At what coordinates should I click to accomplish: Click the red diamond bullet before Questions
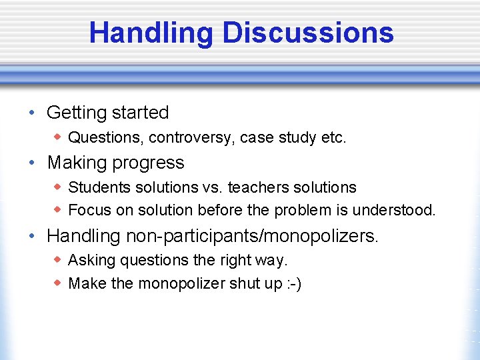[58, 137]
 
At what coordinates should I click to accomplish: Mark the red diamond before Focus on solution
[58, 210]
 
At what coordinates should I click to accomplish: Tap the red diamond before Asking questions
[58, 259]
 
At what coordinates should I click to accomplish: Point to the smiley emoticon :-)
[294, 283]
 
